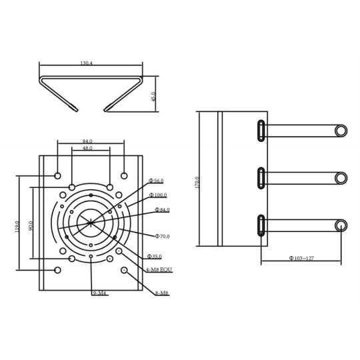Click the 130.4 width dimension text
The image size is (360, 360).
pos(86,63)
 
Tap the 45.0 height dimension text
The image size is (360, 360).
pos(153,97)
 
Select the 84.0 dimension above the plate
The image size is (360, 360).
pos(87,141)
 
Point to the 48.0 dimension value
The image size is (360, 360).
pos(87,148)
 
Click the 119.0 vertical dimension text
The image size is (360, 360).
pos(16,227)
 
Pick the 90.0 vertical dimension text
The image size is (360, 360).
pos(31,226)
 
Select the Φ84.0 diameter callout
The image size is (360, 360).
pos(162,210)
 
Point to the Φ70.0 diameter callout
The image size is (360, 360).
pos(163,236)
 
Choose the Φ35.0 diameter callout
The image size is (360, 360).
pos(154,256)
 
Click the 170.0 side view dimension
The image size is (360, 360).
pos(197,183)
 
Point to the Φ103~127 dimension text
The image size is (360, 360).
pos(301,257)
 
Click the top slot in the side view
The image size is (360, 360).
pos(259,129)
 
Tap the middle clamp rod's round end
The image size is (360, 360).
pos(341,178)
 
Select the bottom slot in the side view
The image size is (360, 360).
pos(259,225)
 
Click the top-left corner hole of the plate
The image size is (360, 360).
pos(58,176)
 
